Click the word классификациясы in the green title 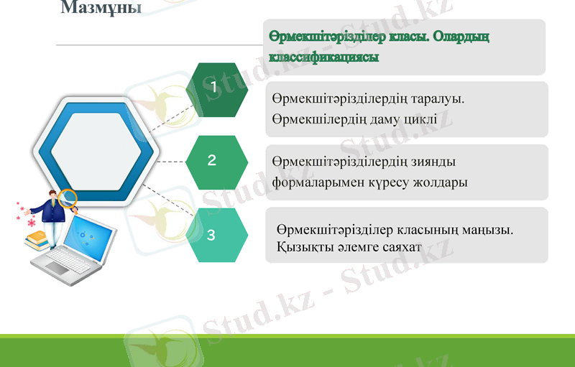[323, 56]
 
